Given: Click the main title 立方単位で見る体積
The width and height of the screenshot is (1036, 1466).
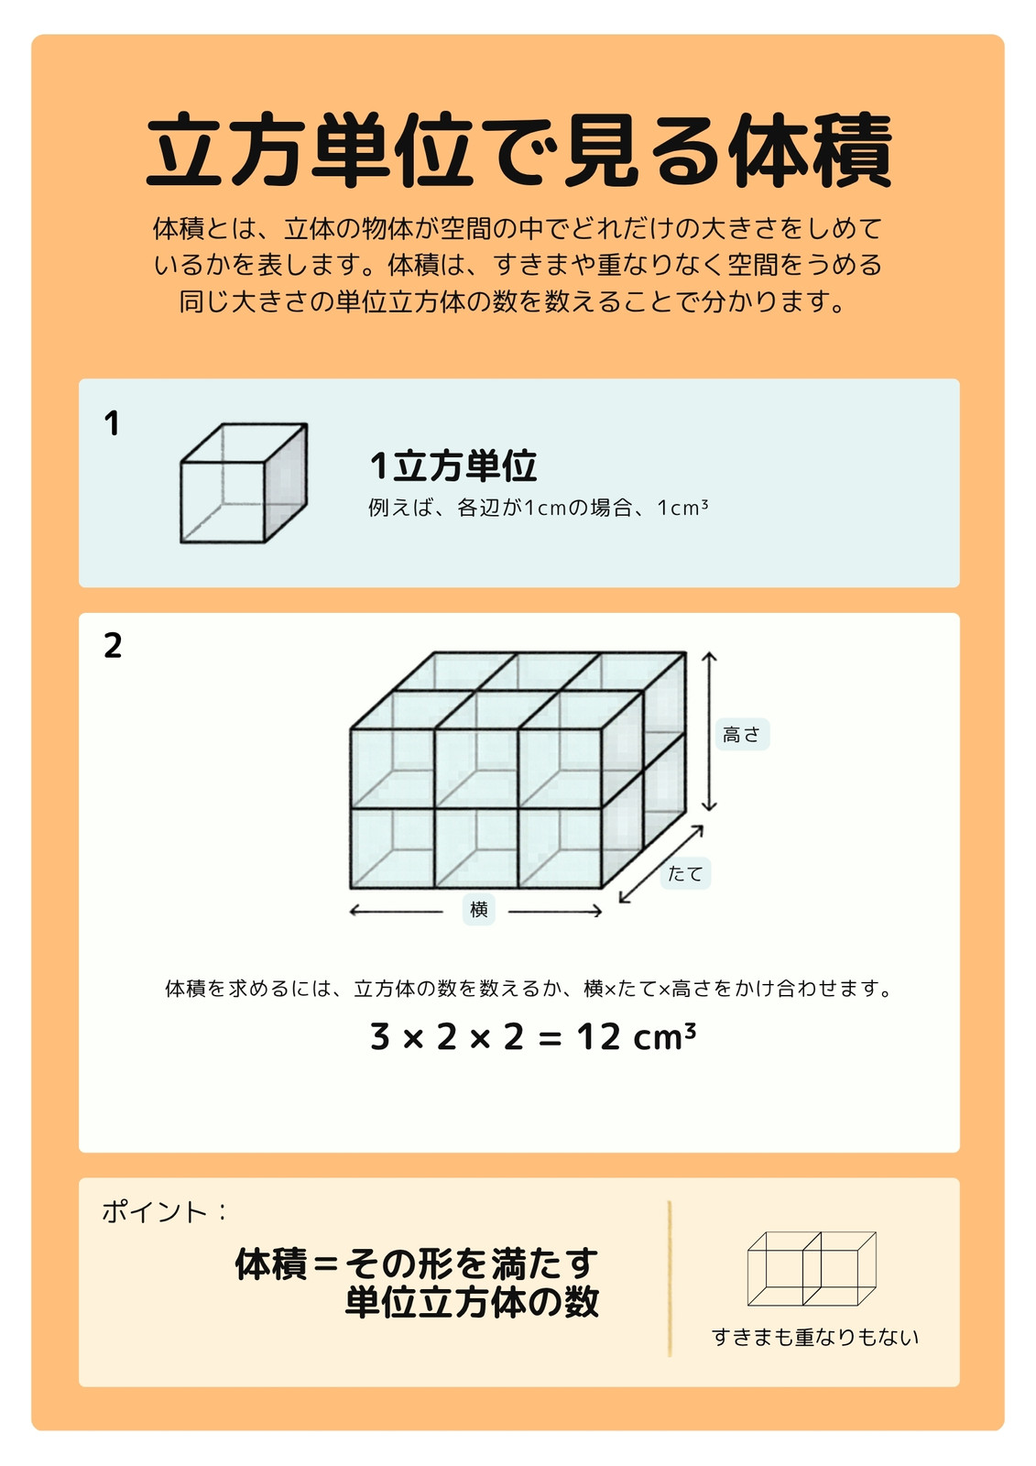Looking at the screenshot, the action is click(x=518, y=150).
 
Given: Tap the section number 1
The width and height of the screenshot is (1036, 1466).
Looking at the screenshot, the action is click(x=112, y=423).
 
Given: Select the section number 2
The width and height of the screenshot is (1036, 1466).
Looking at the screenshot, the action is click(x=113, y=646).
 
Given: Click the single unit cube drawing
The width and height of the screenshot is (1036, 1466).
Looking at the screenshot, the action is click(x=244, y=483).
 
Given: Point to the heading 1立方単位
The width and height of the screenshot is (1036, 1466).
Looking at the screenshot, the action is click(x=453, y=466).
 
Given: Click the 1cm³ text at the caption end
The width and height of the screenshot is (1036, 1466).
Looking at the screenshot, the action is click(x=682, y=508).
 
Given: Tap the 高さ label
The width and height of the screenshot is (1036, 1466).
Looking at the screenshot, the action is click(x=741, y=734).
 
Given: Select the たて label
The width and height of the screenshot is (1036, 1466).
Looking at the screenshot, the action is click(x=685, y=874).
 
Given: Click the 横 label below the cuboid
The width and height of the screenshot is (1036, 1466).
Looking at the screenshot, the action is click(x=478, y=910).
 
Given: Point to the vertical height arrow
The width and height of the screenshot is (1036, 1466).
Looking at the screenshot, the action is click(x=709, y=732).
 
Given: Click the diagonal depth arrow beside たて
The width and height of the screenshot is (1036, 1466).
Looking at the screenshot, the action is click(x=661, y=865).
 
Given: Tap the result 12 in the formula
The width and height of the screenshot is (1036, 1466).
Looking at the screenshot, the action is click(x=598, y=1037).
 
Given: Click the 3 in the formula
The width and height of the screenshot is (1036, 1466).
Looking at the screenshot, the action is click(x=379, y=1037).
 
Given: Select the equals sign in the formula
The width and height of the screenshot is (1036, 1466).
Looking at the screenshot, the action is click(x=551, y=1039).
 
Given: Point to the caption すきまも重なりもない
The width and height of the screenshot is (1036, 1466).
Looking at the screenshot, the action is click(x=815, y=1337).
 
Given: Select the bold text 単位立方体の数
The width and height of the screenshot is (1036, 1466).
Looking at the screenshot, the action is click(x=472, y=1302).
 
